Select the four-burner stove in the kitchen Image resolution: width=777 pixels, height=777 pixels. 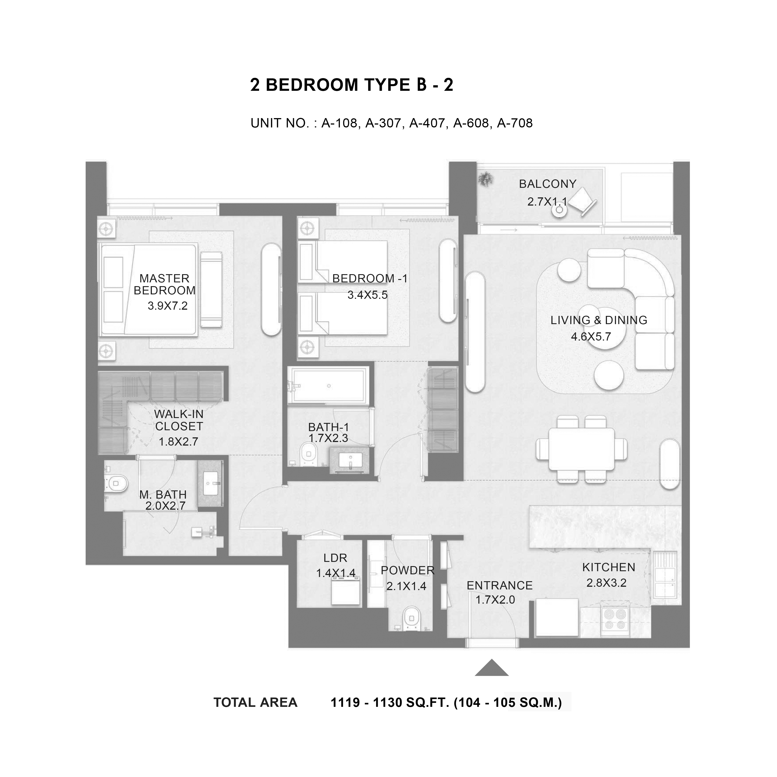pyautogui.click(x=615, y=619)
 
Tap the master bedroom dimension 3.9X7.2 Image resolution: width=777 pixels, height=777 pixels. pyautogui.click(x=168, y=306)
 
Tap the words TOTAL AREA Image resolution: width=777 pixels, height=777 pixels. pyautogui.click(x=255, y=703)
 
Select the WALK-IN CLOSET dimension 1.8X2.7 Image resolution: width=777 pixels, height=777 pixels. pyautogui.click(x=178, y=442)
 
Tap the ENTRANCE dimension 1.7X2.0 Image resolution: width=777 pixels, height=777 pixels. pyautogui.click(x=495, y=600)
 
